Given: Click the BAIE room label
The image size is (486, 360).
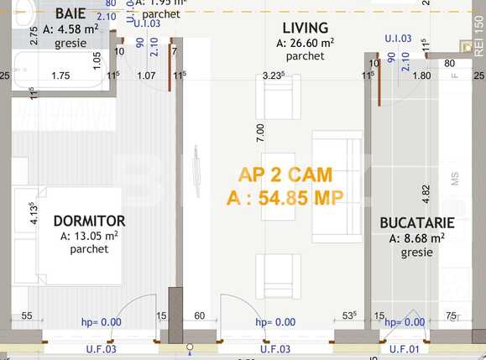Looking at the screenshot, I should click(71, 13).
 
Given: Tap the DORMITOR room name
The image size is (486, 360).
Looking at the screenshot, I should click(89, 221).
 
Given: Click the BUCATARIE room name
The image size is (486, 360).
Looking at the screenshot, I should click(417, 223).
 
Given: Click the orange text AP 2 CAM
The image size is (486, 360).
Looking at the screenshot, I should click(285, 175).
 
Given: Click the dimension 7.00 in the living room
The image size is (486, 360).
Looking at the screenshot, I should click(260, 131).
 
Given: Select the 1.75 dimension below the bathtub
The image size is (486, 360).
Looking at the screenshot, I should click(60, 76).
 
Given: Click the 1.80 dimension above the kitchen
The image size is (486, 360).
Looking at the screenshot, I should click(422, 76).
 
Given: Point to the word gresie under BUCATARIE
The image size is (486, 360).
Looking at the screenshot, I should click(416, 252).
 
